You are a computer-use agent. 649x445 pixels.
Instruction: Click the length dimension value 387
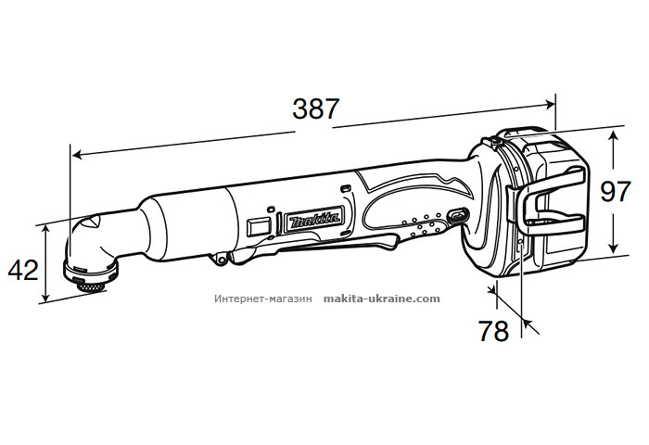315,108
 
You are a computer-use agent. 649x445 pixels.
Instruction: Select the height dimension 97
616,192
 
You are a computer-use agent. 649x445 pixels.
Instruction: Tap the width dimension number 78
494,330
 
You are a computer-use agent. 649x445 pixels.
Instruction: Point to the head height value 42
23,269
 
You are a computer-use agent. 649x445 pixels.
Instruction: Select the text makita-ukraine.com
382,299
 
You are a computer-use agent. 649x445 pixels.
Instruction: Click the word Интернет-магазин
265,299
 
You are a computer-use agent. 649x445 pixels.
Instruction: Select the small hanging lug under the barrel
223,261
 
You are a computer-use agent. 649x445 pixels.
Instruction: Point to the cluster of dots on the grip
422,226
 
